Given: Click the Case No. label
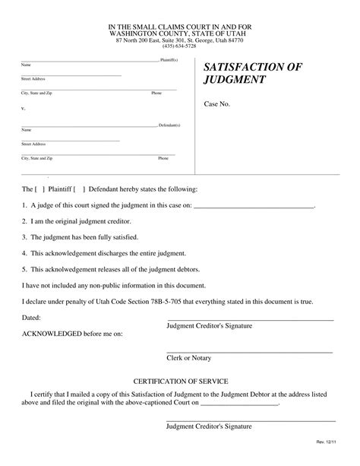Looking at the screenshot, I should tap(216, 105).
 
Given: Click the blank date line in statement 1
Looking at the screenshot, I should tap(254, 205).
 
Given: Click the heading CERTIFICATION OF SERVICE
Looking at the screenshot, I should tap(180, 380).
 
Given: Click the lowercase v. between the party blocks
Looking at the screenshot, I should tap(23, 108).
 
